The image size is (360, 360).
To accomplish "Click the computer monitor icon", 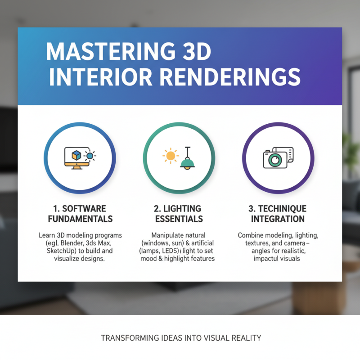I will (x=74, y=157).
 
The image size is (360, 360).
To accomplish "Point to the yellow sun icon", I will (x=170, y=156).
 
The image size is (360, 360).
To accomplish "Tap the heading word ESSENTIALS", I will (x=179, y=219).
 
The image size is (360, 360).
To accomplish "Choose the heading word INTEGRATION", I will (x=278, y=219).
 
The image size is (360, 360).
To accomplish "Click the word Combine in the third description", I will (x=252, y=235).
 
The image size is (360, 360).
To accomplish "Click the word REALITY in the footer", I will (x=247, y=337).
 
